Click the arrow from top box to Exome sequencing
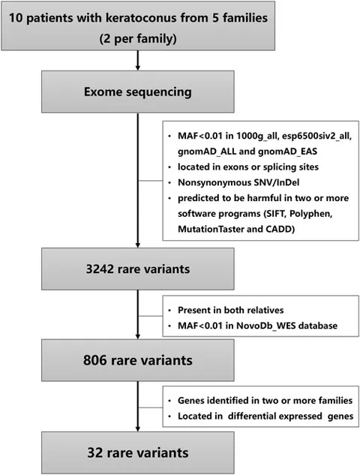coord(139,62)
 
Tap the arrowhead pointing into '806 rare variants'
coord(139,336)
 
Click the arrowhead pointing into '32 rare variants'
coord(139,429)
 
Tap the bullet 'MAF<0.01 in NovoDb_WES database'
coord(259,324)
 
